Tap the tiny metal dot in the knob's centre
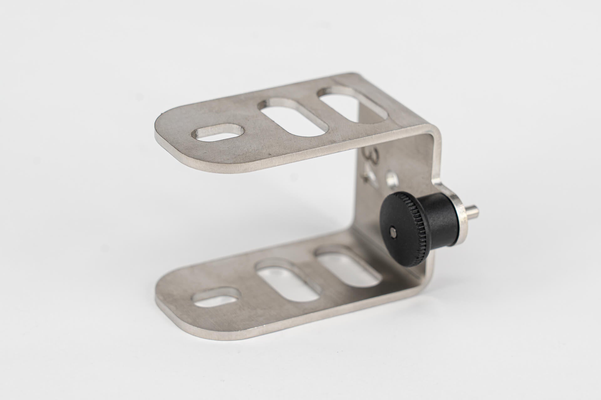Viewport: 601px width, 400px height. [x=393, y=232]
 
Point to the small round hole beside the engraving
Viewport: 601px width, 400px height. [x=392, y=179]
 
